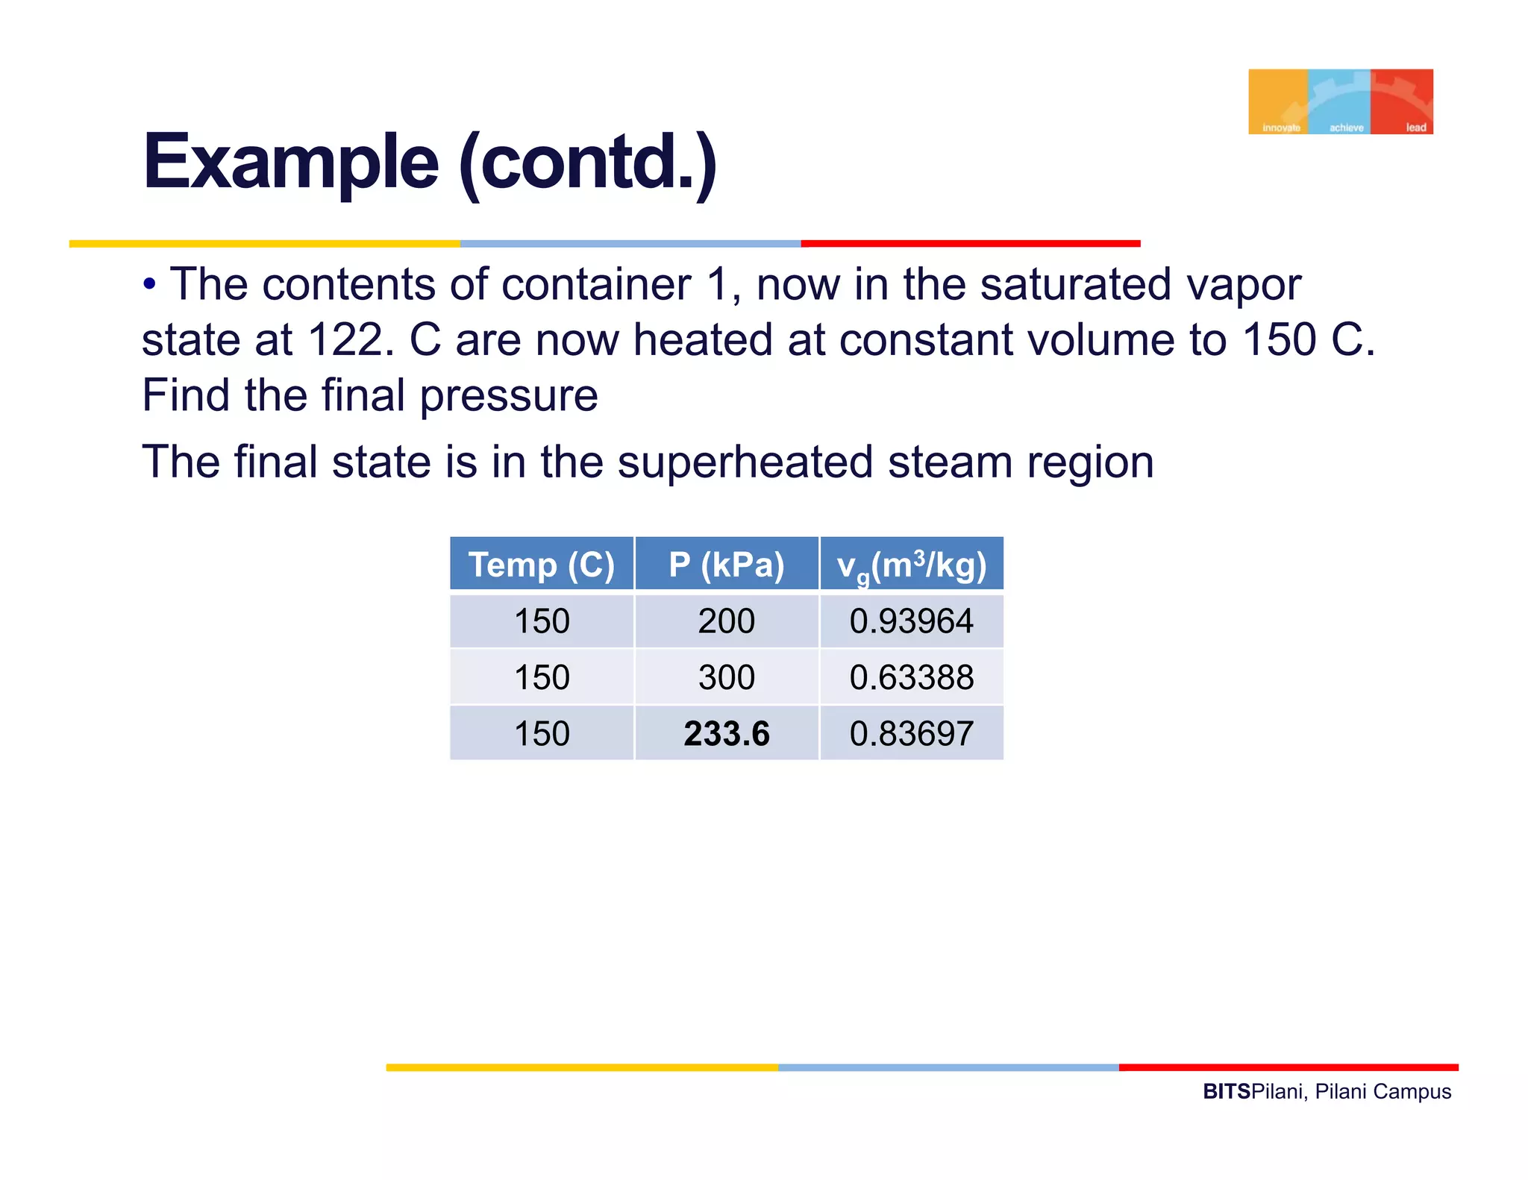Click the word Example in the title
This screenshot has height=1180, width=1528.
click(290, 162)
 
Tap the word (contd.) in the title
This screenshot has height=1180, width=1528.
click(587, 162)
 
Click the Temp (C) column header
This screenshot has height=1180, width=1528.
click(542, 565)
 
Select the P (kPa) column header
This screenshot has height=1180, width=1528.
click(727, 565)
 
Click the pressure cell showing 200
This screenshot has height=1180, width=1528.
click(727, 621)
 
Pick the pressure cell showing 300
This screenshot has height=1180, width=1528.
click(727, 677)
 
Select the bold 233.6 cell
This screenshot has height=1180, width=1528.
click(727, 734)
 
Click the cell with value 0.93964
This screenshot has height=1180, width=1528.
click(912, 621)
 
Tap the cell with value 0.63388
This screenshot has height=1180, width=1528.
click(912, 677)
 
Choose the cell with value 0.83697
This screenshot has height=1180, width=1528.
click(912, 734)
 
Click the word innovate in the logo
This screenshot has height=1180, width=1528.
click(1281, 128)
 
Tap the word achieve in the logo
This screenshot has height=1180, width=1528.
click(1346, 128)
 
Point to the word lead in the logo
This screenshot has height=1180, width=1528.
click(1415, 128)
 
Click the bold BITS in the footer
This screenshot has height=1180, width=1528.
click(1226, 1092)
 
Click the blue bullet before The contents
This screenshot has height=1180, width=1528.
click(150, 284)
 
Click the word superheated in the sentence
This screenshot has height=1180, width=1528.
click(745, 462)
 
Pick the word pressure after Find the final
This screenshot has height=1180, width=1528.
click(508, 395)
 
